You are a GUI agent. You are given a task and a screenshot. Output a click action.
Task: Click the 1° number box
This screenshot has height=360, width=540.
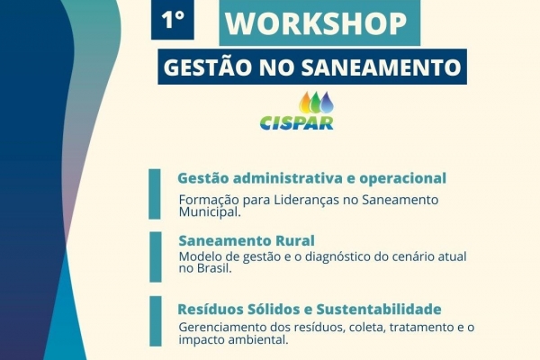point(172,20)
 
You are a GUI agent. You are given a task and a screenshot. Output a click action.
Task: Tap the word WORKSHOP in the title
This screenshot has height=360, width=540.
point(316,23)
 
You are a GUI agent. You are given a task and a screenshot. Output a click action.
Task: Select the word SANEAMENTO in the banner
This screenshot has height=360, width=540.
point(382,67)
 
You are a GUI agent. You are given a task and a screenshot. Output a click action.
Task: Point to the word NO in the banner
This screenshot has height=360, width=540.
point(276,67)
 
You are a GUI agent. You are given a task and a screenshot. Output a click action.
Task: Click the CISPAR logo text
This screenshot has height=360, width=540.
point(296,123)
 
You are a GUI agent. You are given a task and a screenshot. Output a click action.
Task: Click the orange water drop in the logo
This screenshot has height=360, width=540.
point(306,103)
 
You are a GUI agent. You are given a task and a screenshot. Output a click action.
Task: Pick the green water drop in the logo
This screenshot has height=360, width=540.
point(316,103)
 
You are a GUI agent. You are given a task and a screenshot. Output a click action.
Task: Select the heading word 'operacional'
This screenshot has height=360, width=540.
point(403,179)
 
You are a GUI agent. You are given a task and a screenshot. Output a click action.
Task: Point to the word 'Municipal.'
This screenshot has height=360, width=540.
point(210,211)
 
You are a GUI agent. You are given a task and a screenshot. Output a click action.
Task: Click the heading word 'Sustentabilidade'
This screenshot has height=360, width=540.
point(379,309)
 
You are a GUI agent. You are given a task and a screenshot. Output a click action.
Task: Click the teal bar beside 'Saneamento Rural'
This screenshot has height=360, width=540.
point(156,257)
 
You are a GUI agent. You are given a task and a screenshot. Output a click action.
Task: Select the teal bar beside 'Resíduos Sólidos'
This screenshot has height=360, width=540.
point(156,321)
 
